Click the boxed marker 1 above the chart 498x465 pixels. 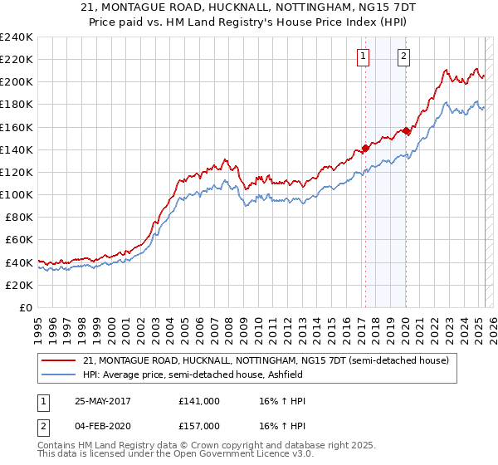pos(364,56)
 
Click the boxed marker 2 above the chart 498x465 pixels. pos(403,56)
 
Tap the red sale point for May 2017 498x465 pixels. pos(365,149)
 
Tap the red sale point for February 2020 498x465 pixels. pos(406,130)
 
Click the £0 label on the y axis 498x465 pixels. pos(25,307)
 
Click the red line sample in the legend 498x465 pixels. pos(59,360)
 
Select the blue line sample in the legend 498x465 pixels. pos(59,374)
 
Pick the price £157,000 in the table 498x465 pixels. pos(199,426)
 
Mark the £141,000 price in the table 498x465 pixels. pos(199,401)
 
